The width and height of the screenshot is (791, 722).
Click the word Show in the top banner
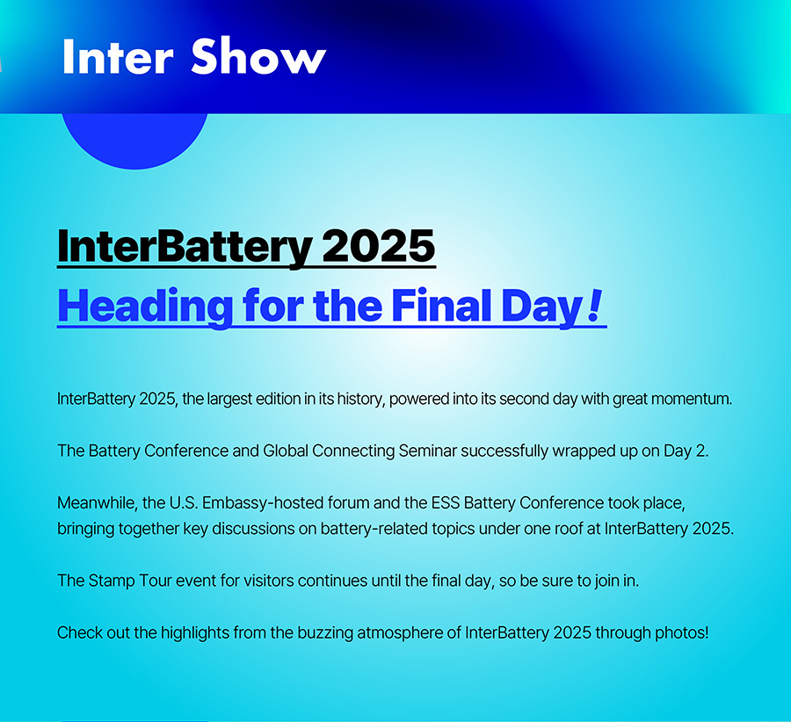click(258, 56)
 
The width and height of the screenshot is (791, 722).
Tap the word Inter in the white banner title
click(118, 56)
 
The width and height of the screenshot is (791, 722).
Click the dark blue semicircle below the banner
click(134, 141)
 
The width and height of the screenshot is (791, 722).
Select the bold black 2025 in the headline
click(378, 247)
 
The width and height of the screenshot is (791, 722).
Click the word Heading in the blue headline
click(145, 307)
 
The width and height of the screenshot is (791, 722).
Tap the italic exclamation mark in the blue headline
click(595, 306)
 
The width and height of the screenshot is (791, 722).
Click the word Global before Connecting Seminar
click(286, 451)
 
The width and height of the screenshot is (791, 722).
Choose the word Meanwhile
click(97, 502)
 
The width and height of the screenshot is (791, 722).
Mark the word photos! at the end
click(682, 632)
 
